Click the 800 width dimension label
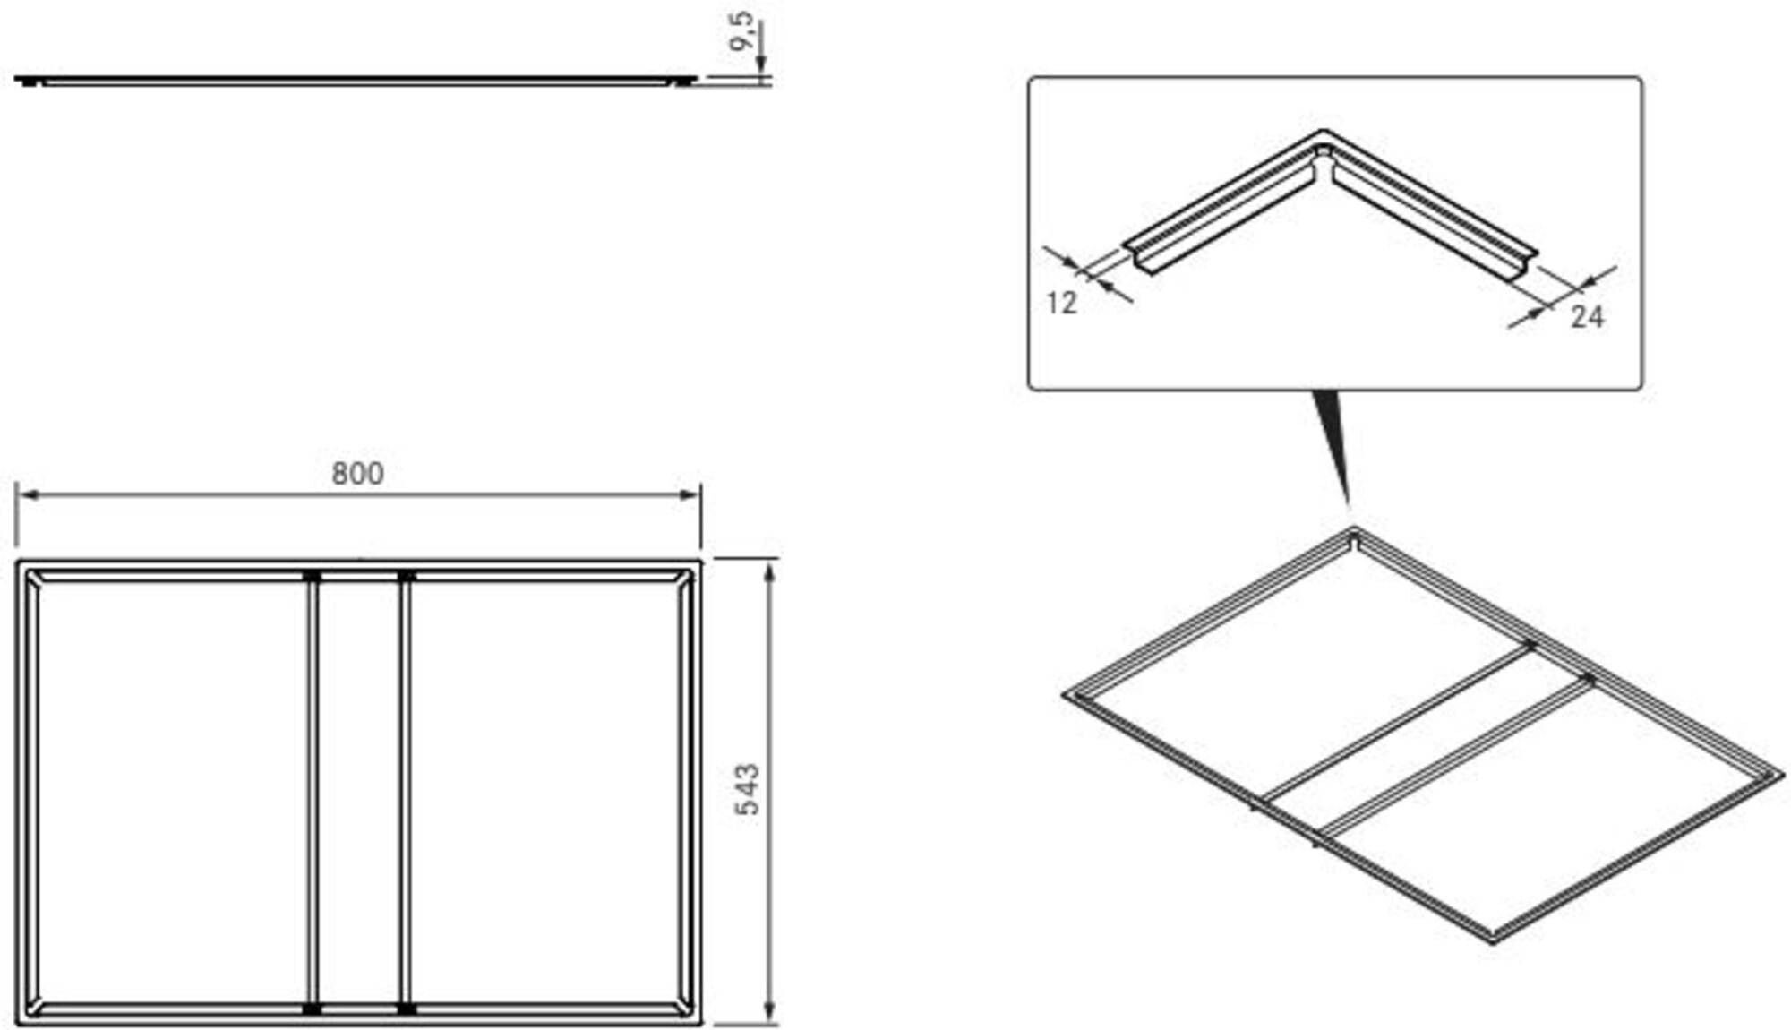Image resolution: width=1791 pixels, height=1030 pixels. (357, 473)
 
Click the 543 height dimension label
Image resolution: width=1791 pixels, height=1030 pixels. (747, 789)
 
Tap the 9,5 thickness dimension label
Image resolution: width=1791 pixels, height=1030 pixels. (741, 32)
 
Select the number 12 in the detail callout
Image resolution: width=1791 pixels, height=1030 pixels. (1061, 304)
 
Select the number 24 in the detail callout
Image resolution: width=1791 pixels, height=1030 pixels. (1587, 316)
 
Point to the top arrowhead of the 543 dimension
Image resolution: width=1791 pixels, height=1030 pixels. (769, 570)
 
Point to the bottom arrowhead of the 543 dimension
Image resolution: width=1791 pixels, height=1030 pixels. (769, 1013)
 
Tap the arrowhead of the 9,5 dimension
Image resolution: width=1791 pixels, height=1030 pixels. (760, 64)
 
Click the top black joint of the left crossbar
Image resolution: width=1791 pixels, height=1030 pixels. (312, 576)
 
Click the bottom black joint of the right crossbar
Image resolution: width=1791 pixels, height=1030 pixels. (406, 1009)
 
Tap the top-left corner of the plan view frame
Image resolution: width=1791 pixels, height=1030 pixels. (18, 562)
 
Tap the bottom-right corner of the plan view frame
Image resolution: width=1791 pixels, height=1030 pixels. (701, 1023)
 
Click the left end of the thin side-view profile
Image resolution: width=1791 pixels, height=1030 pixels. (16, 79)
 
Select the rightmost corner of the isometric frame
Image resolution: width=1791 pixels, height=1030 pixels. (1783, 773)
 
